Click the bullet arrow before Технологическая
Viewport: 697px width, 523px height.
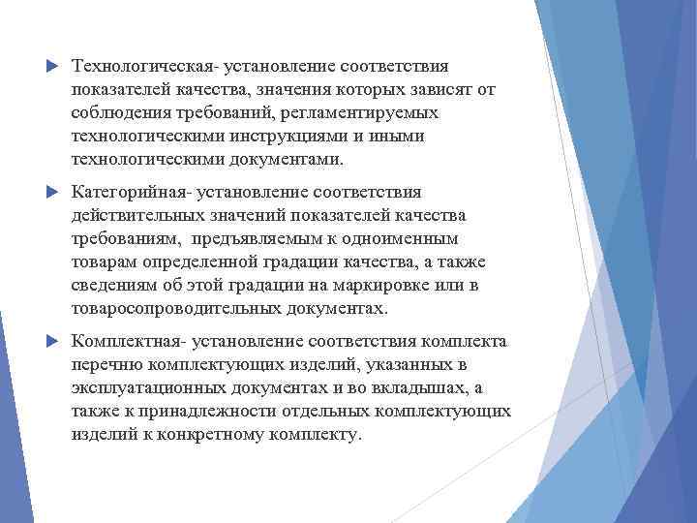coord(50,66)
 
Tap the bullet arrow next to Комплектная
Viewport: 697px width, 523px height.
coord(50,342)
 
